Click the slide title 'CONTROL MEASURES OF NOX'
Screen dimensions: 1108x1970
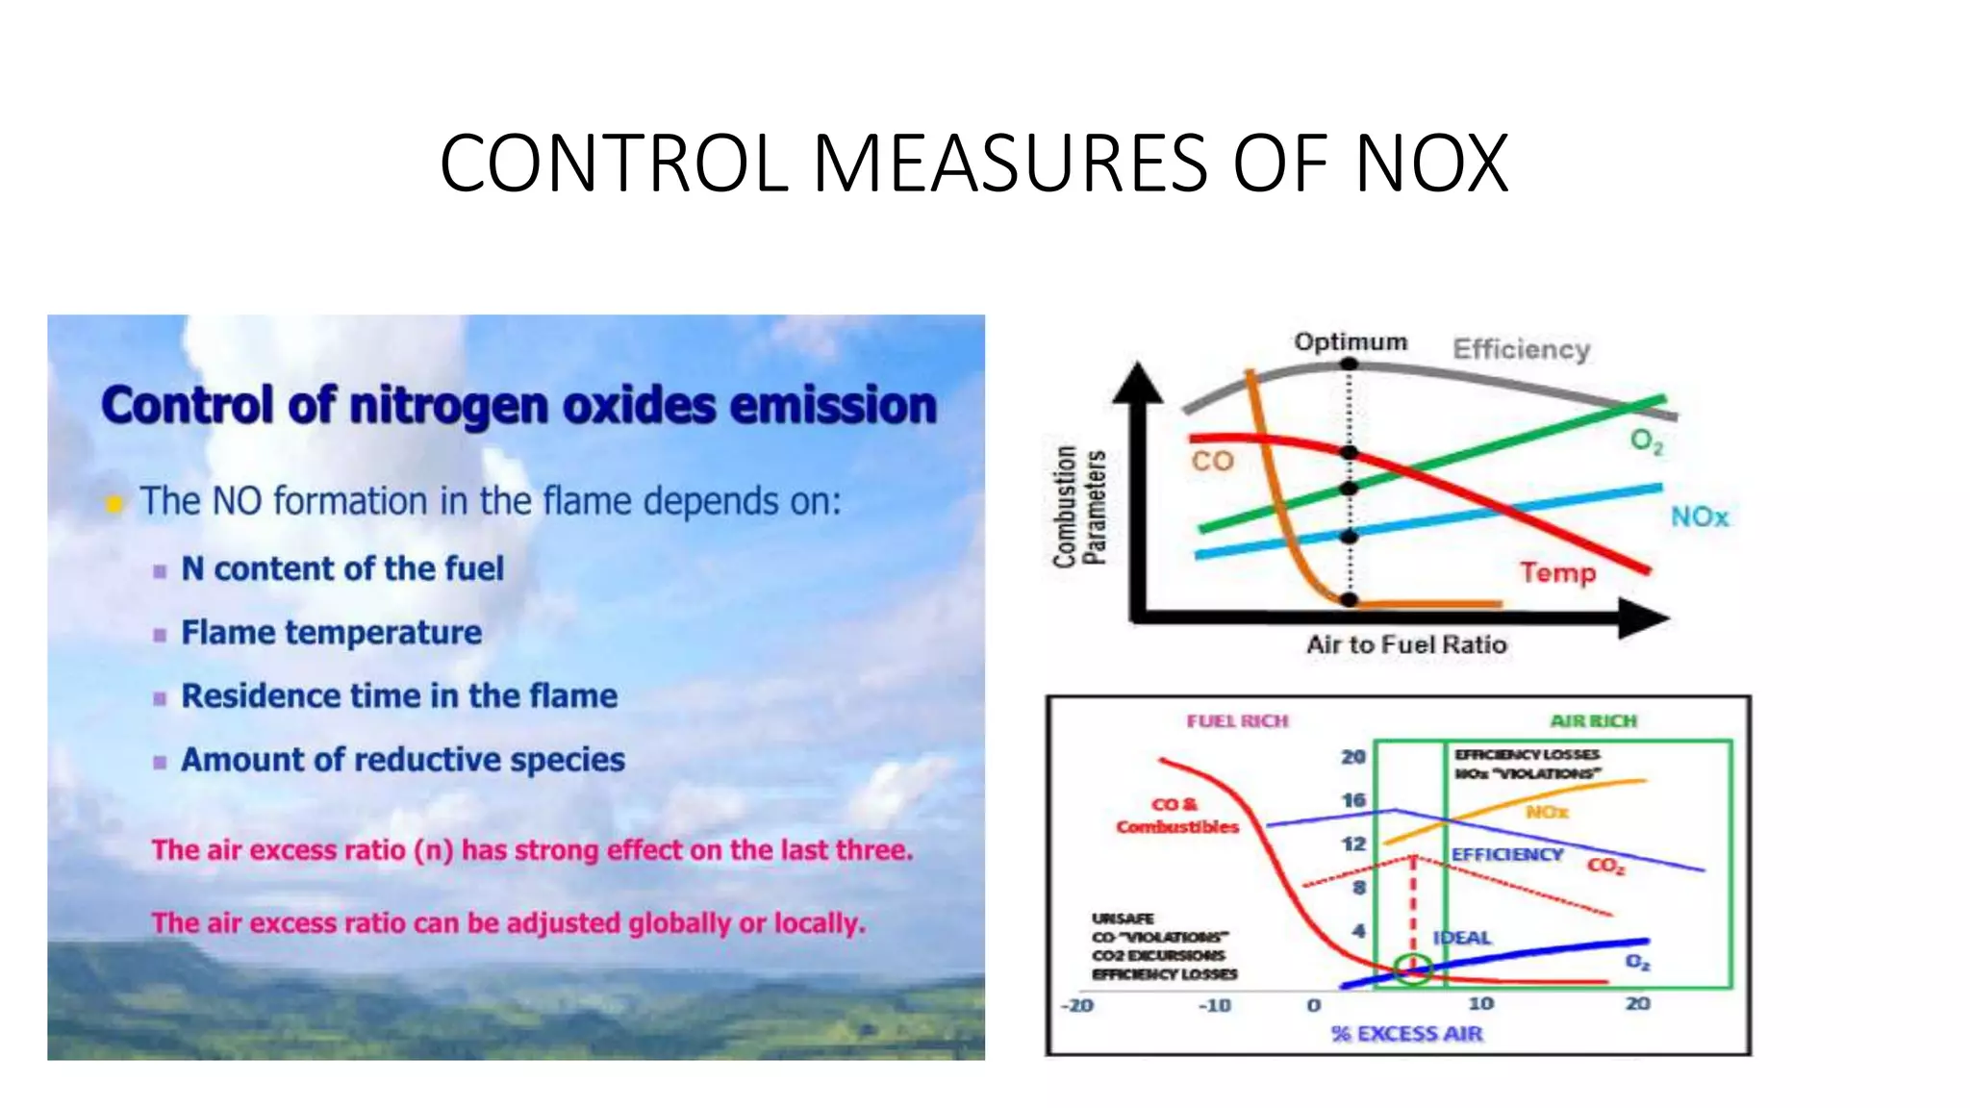(973, 164)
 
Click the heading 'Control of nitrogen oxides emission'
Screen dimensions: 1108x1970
(518, 405)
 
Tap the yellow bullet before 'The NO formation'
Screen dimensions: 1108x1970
(114, 503)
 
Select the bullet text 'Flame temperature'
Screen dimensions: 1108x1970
(331, 633)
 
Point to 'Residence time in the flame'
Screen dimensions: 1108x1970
(399, 695)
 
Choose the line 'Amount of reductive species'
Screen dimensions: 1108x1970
(403, 760)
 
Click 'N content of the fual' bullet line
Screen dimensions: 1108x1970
(342, 568)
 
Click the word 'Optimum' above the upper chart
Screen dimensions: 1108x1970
(1350, 342)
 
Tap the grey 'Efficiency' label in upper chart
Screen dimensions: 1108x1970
(1521, 349)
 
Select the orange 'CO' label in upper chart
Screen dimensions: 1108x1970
(1212, 462)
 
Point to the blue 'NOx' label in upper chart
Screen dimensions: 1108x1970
(1699, 517)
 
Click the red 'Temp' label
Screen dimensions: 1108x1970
(1557, 573)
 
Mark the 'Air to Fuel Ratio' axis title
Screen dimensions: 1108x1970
(1406, 644)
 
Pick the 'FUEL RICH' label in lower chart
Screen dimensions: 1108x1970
(1237, 720)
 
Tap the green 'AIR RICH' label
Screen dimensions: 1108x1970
(1593, 720)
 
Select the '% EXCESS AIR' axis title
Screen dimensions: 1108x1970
(1406, 1033)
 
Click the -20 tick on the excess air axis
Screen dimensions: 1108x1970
(1076, 1005)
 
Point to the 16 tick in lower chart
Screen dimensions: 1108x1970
(1353, 800)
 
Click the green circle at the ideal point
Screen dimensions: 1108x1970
(1413, 969)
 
